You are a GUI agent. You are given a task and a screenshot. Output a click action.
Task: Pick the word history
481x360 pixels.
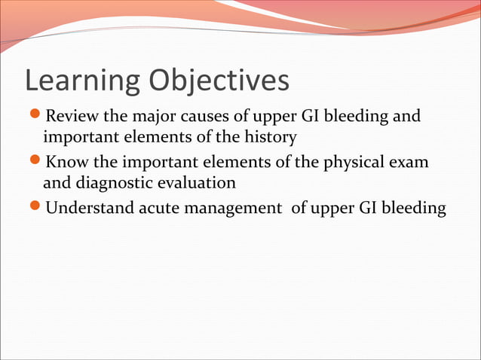tap(271, 139)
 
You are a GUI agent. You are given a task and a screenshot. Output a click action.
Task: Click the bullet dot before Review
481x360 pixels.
tap(33, 117)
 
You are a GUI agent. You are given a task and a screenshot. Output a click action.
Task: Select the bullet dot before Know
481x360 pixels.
tap(33, 162)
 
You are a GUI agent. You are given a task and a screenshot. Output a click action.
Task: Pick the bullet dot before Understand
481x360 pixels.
tap(33, 207)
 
